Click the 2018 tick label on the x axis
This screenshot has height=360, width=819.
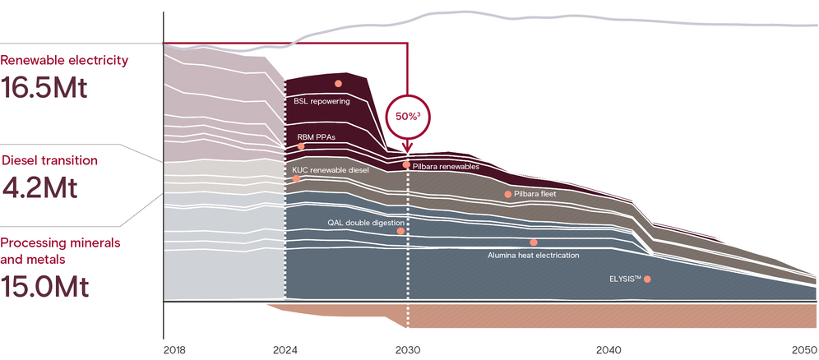click(x=174, y=350)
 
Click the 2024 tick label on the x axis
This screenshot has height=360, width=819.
click(x=285, y=350)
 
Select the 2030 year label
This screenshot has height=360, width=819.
click(x=408, y=350)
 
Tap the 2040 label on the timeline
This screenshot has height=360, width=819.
click(x=609, y=350)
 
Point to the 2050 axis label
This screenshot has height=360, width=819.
click(x=805, y=350)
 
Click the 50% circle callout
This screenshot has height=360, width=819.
click(x=408, y=116)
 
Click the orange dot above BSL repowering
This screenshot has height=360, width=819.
click(x=338, y=84)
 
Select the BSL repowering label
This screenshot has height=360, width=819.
click(x=322, y=102)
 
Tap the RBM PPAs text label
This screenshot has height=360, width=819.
click(x=316, y=136)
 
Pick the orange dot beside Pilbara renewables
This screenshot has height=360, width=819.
click(x=406, y=165)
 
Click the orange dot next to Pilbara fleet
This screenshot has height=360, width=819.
click(x=507, y=194)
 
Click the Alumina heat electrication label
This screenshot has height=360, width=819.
click(x=534, y=255)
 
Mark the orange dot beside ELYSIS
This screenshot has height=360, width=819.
click(x=647, y=279)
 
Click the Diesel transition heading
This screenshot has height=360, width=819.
click(x=50, y=160)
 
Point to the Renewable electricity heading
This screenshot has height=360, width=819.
click(x=64, y=60)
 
